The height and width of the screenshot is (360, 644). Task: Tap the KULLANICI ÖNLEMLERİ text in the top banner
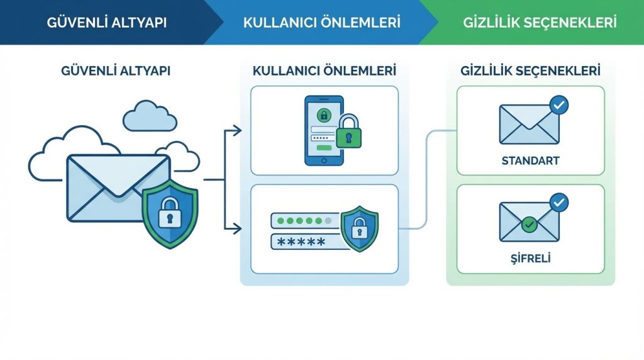point(321,23)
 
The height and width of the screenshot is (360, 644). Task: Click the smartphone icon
point(324,130)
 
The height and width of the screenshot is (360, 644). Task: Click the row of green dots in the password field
point(304,221)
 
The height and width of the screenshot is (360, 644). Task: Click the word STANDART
point(530,161)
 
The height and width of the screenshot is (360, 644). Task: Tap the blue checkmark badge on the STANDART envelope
point(558,105)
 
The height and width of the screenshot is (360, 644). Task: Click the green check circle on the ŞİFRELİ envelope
point(530,223)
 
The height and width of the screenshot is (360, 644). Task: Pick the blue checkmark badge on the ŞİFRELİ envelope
point(558,203)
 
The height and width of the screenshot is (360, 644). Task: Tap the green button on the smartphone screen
point(324,147)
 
